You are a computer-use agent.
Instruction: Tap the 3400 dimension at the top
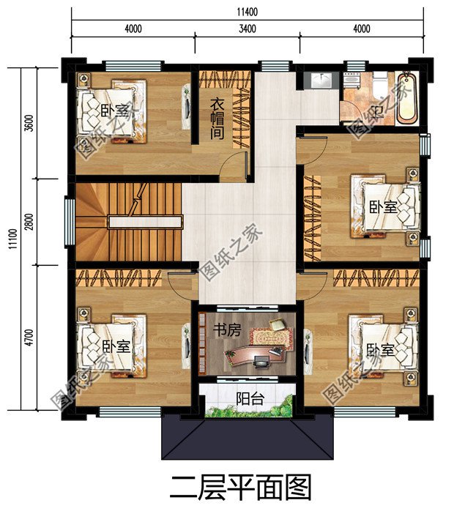247,29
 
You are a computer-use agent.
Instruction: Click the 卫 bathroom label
378,111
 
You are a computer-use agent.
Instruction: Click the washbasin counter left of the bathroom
319,81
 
